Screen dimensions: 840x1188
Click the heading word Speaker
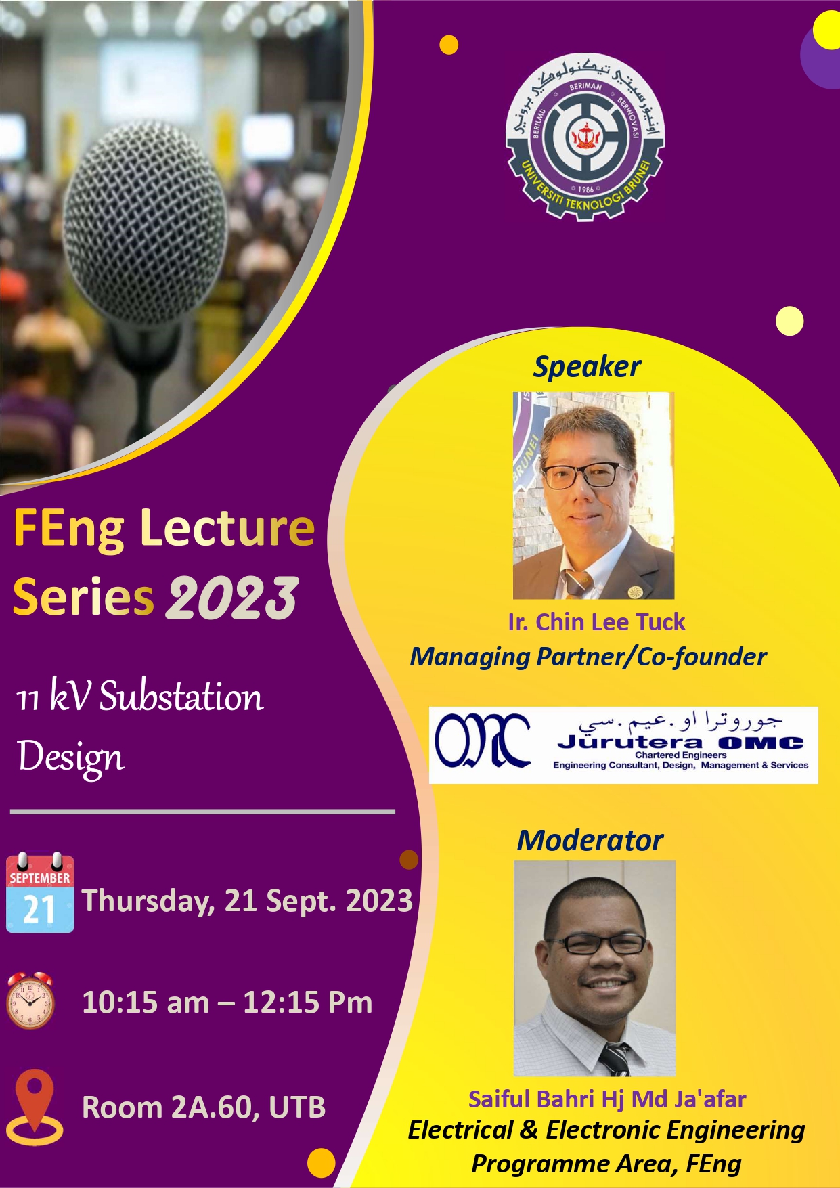(x=587, y=367)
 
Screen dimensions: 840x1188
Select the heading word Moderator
(x=590, y=840)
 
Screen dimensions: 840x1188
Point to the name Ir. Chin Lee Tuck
(x=596, y=621)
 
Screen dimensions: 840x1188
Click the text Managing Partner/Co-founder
(x=588, y=657)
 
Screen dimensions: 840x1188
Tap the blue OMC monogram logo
(x=483, y=741)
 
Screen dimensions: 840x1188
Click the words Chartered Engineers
(x=680, y=755)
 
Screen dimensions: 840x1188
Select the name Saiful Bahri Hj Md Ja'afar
(x=606, y=1099)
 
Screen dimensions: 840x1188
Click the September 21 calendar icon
(x=40, y=893)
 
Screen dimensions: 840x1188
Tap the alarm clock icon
(x=30, y=1000)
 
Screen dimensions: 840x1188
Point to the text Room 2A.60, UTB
(x=204, y=1107)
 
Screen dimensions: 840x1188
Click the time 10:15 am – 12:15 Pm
(x=227, y=1003)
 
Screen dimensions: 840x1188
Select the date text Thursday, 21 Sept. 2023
(x=247, y=901)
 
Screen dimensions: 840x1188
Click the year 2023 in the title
(x=233, y=598)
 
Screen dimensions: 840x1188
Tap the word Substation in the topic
(x=181, y=697)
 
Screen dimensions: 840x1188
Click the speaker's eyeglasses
(x=586, y=475)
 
